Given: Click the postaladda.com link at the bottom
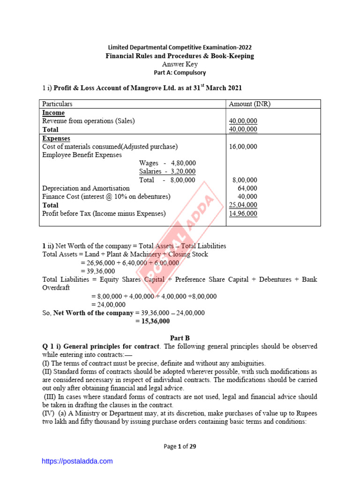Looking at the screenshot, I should pyautogui.click(x=77, y=461).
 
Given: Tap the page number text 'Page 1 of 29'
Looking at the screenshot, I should pyautogui.click(x=180, y=446).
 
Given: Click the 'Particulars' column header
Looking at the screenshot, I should pyautogui.click(x=57, y=104).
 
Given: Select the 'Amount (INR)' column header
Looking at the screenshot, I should pyautogui.click(x=249, y=104).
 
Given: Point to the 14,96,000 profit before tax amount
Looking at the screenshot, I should pyautogui.click(x=243, y=214).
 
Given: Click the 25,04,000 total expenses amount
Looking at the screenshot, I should pyautogui.click(x=243, y=205).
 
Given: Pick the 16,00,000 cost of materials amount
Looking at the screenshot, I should pyautogui.click(x=243, y=147).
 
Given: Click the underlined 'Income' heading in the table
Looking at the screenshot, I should pyautogui.click(x=53, y=113).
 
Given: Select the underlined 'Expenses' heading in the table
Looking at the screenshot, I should pyautogui.click(x=56, y=138).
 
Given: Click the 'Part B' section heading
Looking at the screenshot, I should pyautogui.click(x=180, y=337).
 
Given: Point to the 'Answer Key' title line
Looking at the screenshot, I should pyautogui.click(x=180, y=64).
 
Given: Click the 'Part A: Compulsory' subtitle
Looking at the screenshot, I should pyautogui.click(x=180, y=73).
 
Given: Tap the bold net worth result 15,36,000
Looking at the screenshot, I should pyautogui.click(x=153, y=322).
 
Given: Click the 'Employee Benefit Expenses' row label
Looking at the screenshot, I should pyautogui.click(x=82, y=155).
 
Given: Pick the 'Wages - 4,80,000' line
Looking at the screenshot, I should pyautogui.click(x=167, y=163).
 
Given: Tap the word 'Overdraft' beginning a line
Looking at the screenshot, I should pyautogui.click(x=56, y=288).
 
